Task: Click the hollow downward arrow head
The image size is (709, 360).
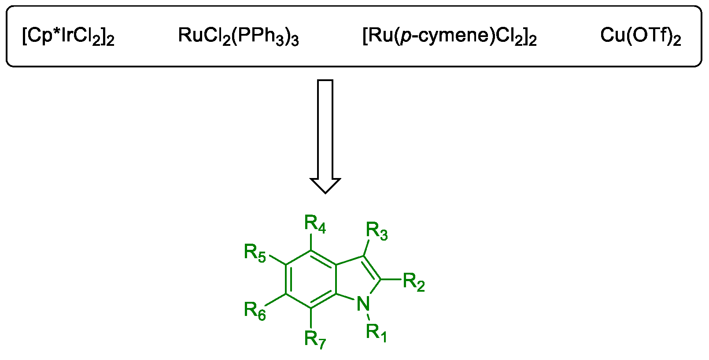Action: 325,185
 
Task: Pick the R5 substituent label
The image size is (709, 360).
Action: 255,253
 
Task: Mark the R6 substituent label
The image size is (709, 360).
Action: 255,311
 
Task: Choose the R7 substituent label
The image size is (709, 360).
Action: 315,339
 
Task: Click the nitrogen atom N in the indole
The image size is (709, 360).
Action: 363,304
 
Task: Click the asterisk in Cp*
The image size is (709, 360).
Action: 57,31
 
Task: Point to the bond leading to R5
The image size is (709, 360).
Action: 277,260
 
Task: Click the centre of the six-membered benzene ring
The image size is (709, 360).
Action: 311,279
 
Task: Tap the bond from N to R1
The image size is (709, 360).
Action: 368,316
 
